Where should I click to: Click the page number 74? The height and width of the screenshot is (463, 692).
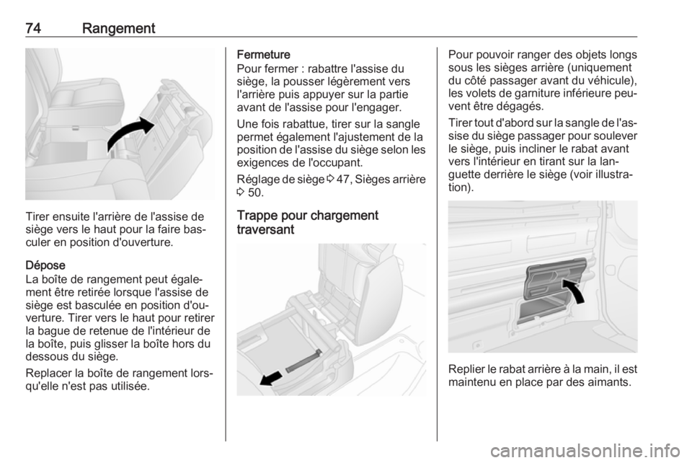34,28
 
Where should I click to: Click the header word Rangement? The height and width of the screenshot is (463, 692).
119,29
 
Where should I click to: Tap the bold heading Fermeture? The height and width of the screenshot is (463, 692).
264,55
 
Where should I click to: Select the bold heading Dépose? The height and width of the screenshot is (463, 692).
45,265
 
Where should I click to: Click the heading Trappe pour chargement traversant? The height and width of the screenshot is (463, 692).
308,222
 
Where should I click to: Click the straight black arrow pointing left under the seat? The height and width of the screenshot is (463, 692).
270,378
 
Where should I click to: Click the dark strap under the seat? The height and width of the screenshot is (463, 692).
304,361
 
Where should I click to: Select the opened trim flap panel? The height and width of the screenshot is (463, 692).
554,279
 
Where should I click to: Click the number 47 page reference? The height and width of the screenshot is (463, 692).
342,180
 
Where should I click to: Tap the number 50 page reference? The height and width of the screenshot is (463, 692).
254,193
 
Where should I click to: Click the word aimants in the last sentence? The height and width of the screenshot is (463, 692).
611,382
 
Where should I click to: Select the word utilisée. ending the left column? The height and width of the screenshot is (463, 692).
128,387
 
